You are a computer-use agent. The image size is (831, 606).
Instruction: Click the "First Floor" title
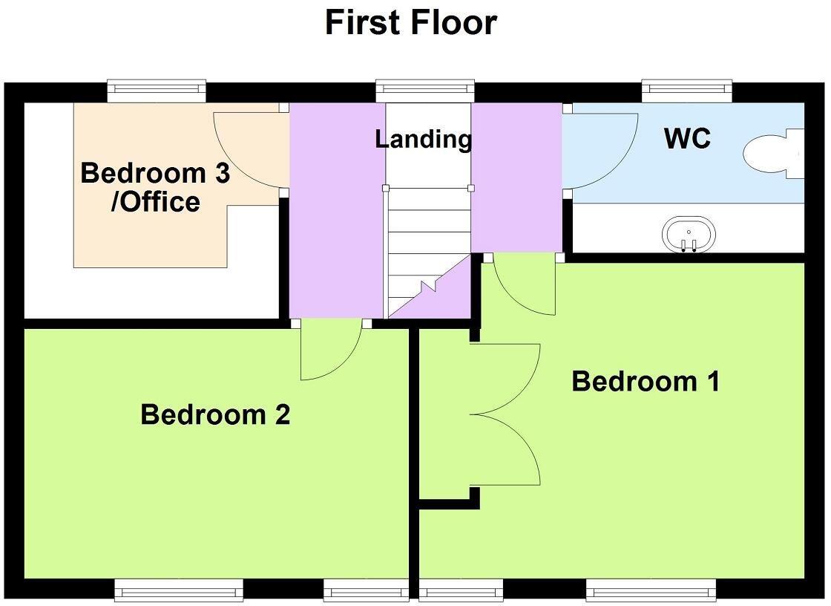coord(411,23)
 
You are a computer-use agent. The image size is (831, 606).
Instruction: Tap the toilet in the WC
coord(774,153)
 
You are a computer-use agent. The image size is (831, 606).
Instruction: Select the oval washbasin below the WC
coord(689,234)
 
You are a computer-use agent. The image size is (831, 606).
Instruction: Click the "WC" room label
coord(687,138)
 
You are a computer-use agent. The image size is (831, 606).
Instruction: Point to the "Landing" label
coord(423,139)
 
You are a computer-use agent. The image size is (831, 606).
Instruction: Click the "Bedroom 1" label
coord(646,381)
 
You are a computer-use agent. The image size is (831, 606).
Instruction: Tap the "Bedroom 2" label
coord(215,414)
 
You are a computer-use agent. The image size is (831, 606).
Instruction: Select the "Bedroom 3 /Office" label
coord(155,187)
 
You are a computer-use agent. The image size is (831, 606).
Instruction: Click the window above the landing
coord(425,91)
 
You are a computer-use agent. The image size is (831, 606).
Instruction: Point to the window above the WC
coord(687,91)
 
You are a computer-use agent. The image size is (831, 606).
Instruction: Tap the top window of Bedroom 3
coord(157,91)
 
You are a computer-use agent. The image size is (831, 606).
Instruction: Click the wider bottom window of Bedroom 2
coord(179,590)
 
